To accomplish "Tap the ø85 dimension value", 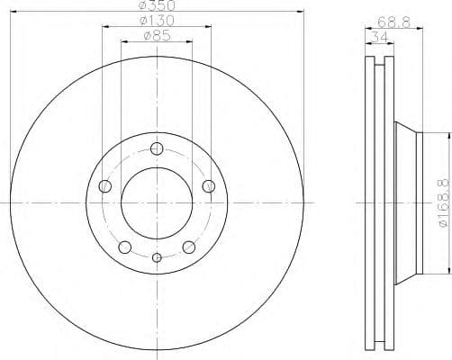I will point(158,37).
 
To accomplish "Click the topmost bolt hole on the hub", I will point(157,148).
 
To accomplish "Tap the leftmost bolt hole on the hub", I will point(104,186).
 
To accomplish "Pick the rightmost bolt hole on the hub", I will point(209,186).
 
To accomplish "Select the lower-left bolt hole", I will point(125,247).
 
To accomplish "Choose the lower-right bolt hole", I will point(189,247).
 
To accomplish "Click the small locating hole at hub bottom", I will point(157,258).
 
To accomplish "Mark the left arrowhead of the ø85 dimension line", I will point(123,42).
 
